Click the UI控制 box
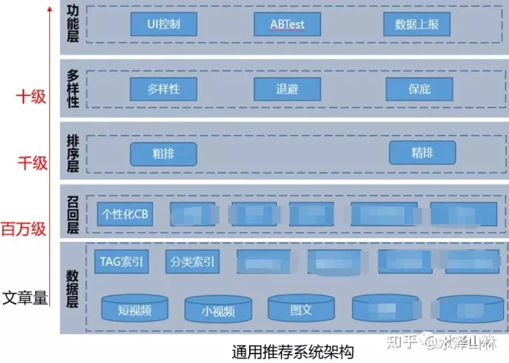pyautogui.click(x=162, y=24)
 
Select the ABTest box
pyautogui.click(x=287, y=24)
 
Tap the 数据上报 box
pyautogui.click(x=416, y=24)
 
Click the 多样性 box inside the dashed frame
pyautogui.click(x=162, y=89)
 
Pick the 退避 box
pyautogui.click(x=287, y=89)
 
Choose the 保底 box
pyautogui.click(x=419, y=89)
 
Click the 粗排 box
pyautogui.click(x=163, y=154)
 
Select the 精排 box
pyautogui.click(x=422, y=153)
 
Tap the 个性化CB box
pyautogui.click(x=126, y=213)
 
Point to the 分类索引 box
pyautogui.click(x=192, y=261)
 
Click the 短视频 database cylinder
pyautogui.click(x=134, y=309)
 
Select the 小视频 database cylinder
pyautogui.click(x=218, y=310)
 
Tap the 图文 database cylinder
pyautogui.click(x=301, y=309)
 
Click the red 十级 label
pyautogui.click(x=31, y=96)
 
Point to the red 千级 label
pyautogui.click(x=31, y=162)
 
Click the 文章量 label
pyautogui.click(x=24, y=298)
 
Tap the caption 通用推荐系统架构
pyautogui.click(x=292, y=351)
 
